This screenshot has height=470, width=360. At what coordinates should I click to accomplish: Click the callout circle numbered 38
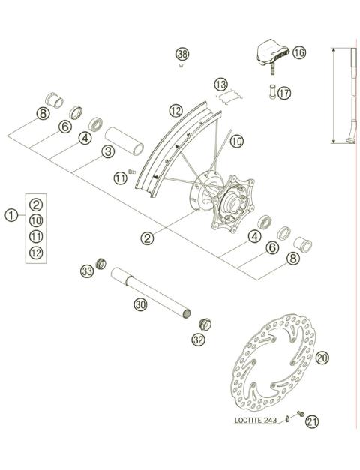pos(183,54)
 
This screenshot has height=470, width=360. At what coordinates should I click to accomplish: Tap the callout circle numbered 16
pos(299,53)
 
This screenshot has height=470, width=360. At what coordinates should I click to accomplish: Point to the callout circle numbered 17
pos(283,94)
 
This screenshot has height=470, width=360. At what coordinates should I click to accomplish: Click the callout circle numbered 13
pos(220,83)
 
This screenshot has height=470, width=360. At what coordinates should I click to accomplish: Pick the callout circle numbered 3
pos(108,152)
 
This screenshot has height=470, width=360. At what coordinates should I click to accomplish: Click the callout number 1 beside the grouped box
pos(11,216)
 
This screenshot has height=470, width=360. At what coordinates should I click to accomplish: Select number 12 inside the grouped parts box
pos(36,253)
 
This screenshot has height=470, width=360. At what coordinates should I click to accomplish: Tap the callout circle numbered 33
pos(87,271)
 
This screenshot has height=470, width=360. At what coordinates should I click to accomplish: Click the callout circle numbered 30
pos(140,304)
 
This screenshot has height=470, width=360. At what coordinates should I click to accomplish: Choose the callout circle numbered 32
pos(198,340)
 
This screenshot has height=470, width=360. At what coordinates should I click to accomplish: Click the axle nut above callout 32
pos(202,323)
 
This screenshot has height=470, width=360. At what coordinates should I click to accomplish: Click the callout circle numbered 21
pos(311,422)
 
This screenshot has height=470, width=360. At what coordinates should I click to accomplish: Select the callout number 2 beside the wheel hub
pos(147,238)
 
